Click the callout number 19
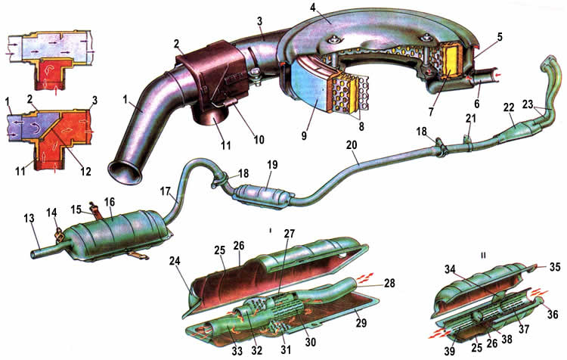[272, 165]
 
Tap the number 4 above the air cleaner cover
[313, 8]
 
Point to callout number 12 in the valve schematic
[85, 170]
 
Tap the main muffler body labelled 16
[120, 234]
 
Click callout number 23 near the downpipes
[528, 104]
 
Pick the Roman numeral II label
[483, 256]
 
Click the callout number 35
[555, 267]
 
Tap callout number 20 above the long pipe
[352, 145]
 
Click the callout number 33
[237, 350]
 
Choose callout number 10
[259, 139]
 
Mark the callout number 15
[76, 209]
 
